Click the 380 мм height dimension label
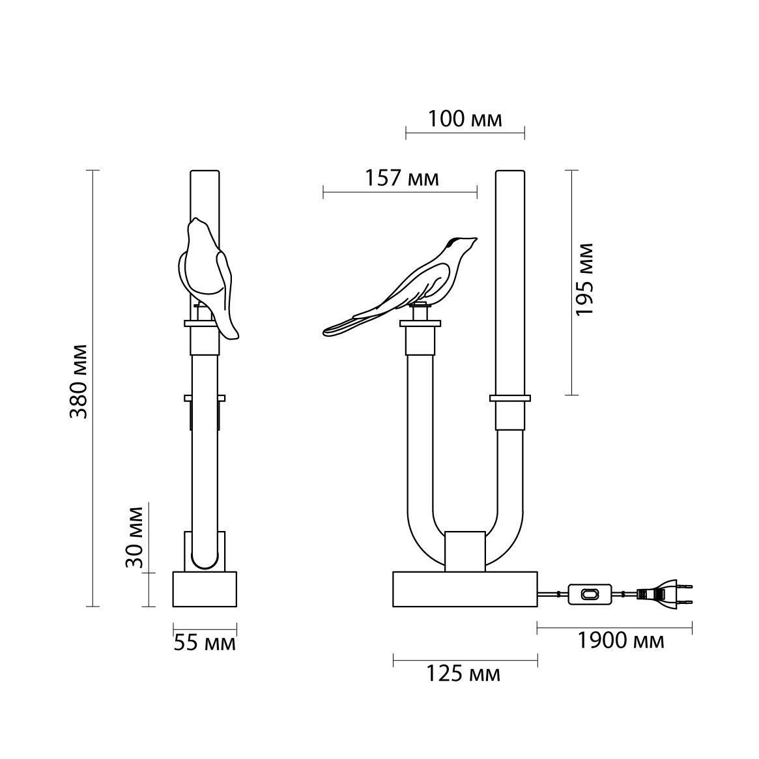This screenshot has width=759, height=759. click(x=78, y=381)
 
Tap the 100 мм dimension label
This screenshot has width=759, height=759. click(x=465, y=119)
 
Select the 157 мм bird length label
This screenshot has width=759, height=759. click(x=402, y=178)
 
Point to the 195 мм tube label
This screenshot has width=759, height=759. click(x=585, y=279)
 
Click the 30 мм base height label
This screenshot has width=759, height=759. click(x=134, y=537)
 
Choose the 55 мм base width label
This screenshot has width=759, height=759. click(x=205, y=643)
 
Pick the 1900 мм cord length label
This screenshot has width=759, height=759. click(x=621, y=640)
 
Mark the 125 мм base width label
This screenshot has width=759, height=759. click(x=463, y=673)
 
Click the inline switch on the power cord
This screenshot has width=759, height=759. click(x=590, y=594)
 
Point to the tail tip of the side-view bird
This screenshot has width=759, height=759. click(x=326, y=332)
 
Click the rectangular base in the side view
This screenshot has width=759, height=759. click(x=205, y=589)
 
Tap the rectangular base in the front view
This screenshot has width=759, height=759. click(x=465, y=589)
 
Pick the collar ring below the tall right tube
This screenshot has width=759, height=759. click(x=510, y=398)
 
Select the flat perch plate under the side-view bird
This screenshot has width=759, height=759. click(x=420, y=323)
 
